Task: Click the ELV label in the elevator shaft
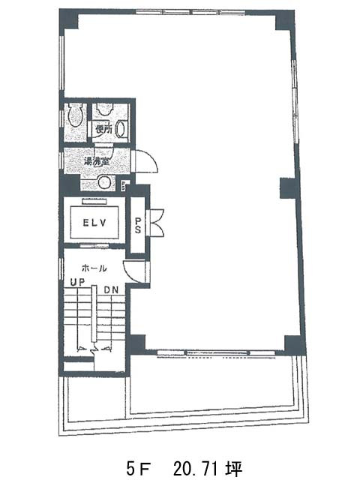pos(94,221)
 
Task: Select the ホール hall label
pos(93,268)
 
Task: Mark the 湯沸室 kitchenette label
pos(97,161)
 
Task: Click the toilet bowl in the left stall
pos(74,115)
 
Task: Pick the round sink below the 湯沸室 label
pos(105,182)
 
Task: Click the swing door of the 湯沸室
pos(144,160)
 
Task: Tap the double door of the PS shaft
pos(157,222)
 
